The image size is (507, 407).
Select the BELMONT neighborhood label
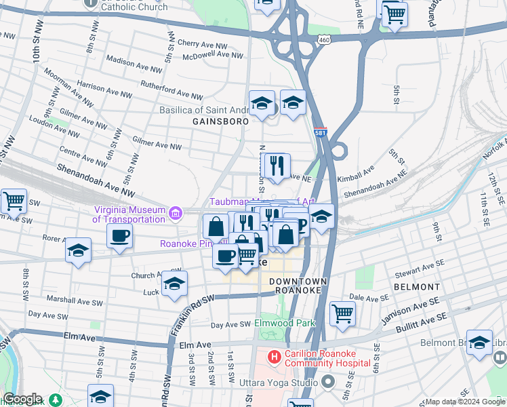point(416,287)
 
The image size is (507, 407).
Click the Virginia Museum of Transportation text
point(131,214)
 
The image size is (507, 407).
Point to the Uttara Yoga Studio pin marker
point(328,383)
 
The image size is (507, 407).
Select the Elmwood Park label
point(285,324)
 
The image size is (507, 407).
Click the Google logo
point(22,399)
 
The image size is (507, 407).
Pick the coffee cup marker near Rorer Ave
point(120,236)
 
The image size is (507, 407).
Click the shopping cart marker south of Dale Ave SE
point(343,313)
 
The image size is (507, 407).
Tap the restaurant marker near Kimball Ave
point(276,166)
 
